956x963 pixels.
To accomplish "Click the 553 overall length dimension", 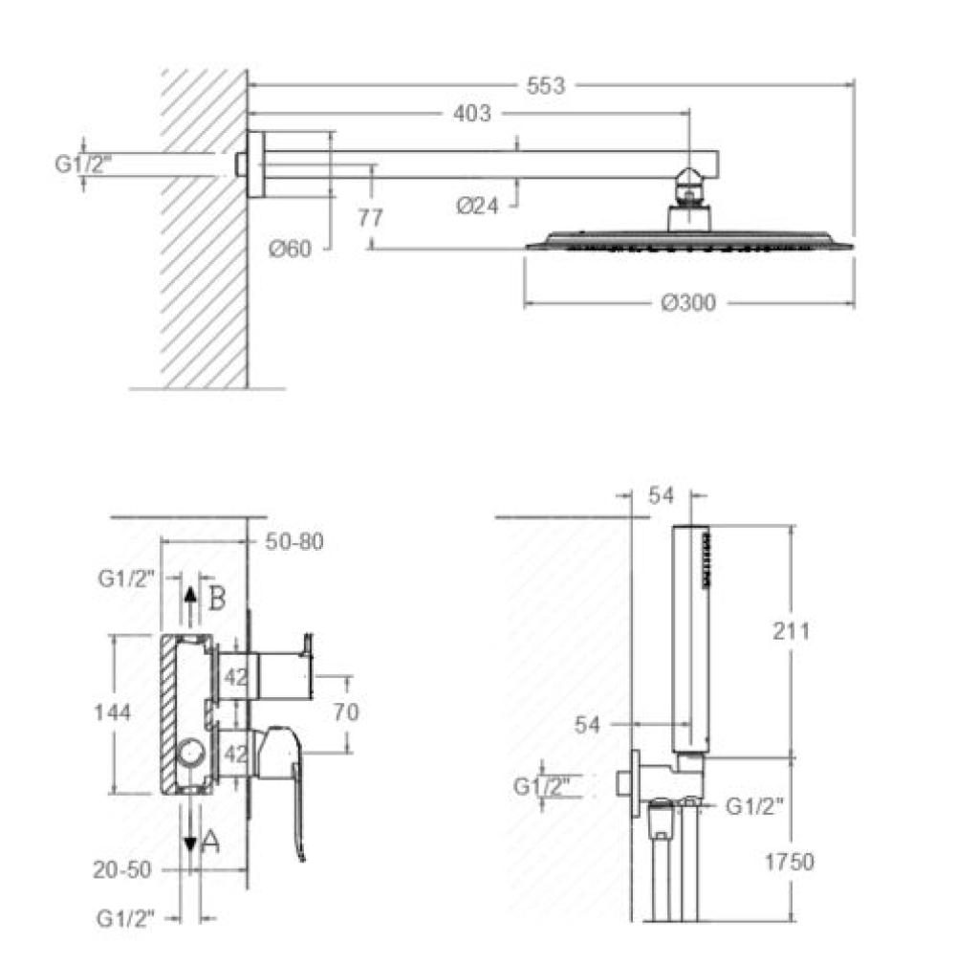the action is click(x=545, y=85).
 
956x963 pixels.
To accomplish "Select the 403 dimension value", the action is click(x=471, y=113).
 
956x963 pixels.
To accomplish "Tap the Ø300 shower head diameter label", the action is click(x=688, y=303).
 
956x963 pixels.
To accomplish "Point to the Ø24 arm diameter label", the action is click(x=477, y=206).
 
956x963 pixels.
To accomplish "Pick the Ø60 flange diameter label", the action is click(x=290, y=249).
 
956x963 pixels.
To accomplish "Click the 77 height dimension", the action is click(x=370, y=217).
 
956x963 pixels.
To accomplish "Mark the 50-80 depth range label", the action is click(x=294, y=541).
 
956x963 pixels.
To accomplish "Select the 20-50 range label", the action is click(x=121, y=869).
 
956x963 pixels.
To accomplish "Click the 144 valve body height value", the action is click(x=113, y=712).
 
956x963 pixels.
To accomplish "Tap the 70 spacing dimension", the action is click(x=346, y=711).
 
